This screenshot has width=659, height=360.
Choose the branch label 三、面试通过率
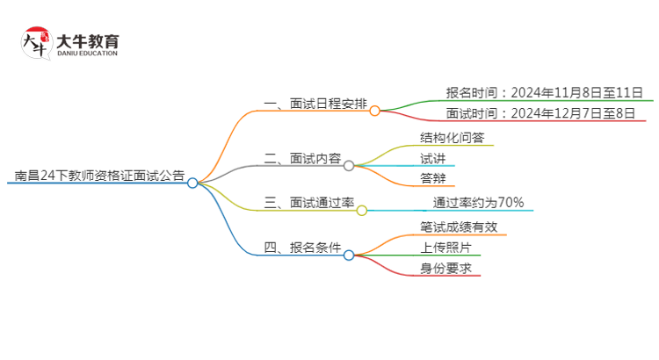click(309, 204)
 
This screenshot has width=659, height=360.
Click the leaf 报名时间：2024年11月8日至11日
click(544, 92)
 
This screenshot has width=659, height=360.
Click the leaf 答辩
click(432, 180)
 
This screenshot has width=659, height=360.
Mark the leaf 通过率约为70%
click(478, 203)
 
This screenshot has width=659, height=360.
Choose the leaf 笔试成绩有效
click(459, 227)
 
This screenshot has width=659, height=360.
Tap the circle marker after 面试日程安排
click(374, 111)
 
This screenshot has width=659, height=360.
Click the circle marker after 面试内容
click(349, 165)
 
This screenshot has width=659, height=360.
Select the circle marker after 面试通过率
click(361, 210)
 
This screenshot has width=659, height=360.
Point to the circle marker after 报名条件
click(349, 255)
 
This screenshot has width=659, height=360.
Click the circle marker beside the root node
click(192, 183)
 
